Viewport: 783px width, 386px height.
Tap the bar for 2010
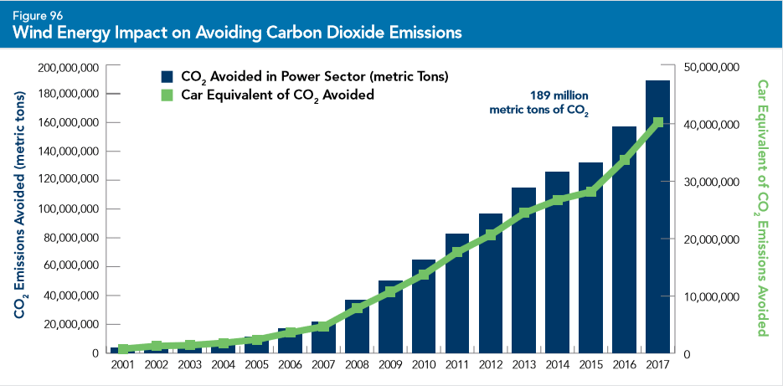click(423, 306)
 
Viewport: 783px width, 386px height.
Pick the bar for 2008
click(356, 326)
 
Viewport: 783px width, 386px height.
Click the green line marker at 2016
click(624, 160)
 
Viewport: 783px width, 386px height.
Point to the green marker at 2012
click(490, 235)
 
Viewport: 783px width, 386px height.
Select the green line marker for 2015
click(590, 192)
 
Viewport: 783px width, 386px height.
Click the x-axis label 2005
click(255, 365)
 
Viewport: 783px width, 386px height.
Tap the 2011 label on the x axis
click(456, 365)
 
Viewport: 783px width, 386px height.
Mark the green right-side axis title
click(762, 209)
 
